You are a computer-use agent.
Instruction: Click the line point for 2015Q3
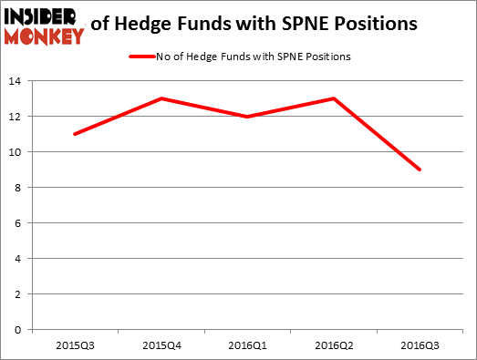click(x=75, y=134)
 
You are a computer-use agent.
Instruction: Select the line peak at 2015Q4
click(x=161, y=98)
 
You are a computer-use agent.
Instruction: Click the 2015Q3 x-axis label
click(x=75, y=345)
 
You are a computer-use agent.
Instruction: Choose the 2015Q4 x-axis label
click(x=161, y=345)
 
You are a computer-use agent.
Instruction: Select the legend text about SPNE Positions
click(x=254, y=56)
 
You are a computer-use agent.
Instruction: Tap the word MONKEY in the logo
click(x=43, y=36)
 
